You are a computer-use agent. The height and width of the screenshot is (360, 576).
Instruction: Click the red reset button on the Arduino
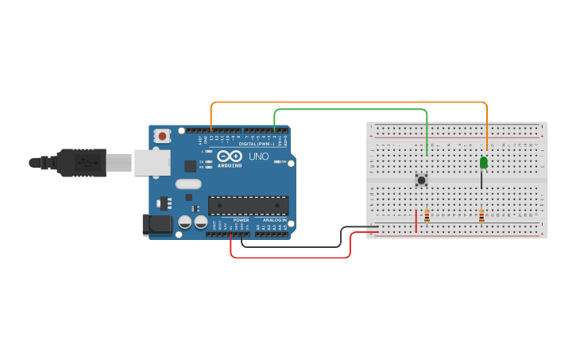tap(163, 136)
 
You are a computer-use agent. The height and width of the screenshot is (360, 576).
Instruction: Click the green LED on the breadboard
tap(483, 163)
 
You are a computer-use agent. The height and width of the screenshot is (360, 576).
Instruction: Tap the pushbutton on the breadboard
tap(421, 180)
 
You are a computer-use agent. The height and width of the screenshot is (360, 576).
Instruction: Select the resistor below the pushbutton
tap(427, 215)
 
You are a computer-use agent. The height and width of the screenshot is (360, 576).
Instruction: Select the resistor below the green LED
tap(481, 215)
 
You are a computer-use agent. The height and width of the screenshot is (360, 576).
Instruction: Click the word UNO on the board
tap(259, 157)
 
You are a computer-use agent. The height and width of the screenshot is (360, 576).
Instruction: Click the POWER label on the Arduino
tap(241, 220)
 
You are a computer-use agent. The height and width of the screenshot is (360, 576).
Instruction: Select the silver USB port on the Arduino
tap(151, 163)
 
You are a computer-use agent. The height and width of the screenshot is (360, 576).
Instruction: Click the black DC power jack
tap(157, 225)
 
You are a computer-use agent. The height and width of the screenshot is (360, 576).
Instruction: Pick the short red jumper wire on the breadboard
tap(416, 221)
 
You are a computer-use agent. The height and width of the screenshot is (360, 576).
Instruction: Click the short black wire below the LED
tap(481, 181)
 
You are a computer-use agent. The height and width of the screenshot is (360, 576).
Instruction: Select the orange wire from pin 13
tap(350, 103)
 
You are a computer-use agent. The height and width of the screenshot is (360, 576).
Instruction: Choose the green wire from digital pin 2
tap(350, 110)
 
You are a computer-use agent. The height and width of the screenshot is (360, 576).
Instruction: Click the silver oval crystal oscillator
tap(189, 184)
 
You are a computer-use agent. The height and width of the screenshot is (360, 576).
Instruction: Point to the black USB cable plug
tap(79, 162)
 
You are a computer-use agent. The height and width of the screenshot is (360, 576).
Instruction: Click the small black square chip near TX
tap(191, 165)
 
